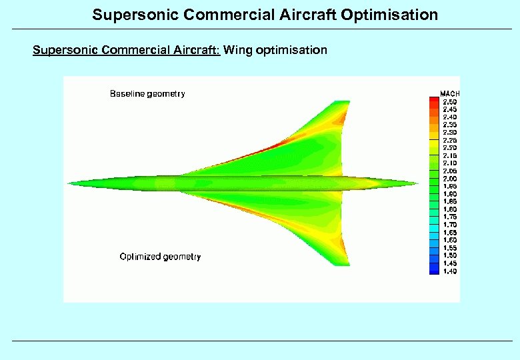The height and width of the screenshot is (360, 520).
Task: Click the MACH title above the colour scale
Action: pos(449,93)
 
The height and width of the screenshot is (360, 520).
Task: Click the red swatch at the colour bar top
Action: pos(434,101)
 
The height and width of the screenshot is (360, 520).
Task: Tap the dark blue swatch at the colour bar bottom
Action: pos(434,271)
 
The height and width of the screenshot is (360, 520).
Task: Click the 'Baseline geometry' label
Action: pos(147,94)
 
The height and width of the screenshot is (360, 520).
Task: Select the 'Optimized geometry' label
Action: pos(160,257)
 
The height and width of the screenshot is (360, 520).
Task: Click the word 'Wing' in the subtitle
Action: pos(237,50)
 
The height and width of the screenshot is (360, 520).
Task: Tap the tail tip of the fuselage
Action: pos(418,183)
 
